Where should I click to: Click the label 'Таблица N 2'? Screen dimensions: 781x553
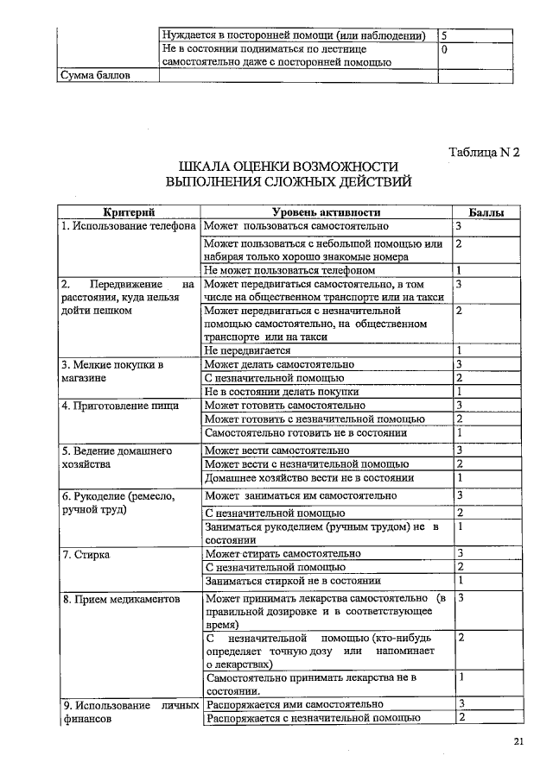pyautogui.click(x=484, y=153)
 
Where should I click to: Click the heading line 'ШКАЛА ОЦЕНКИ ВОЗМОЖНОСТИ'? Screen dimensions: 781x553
pyautogui.click(x=288, y=166)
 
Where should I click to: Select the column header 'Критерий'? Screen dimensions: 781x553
pyautogui.click(x=129, y=212)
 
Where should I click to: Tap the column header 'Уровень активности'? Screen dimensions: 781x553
pyautogui.click(x=326, y=212)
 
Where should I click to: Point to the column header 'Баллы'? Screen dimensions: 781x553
pyautogui.click(x=486, y=212)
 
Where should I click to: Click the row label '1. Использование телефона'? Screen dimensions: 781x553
pyautogui.click(x=129, y=226)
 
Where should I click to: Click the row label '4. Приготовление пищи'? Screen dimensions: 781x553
pyautogui.click(x=120, y=405)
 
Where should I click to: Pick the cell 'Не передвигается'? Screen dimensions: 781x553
pyautogui.click(x=247, y=350)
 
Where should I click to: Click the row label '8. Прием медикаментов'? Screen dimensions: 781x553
pyautogui.click(x=121, y=598)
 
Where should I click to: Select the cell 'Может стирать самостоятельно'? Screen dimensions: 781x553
pyautogui.click(x=283, y=553)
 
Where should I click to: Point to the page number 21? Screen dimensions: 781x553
pyautogui.click(x=518, y=741)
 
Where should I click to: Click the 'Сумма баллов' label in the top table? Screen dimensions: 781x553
pyautogui.click(x=95, y=76)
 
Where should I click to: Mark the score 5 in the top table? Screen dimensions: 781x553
pyautogui.click(x=444, y=35)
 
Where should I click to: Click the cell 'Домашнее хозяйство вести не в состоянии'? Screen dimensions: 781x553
pyautogui.click(x=308, y=477)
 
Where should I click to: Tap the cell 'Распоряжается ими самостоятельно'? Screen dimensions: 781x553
pyautogui.click(x=289, y=703)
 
